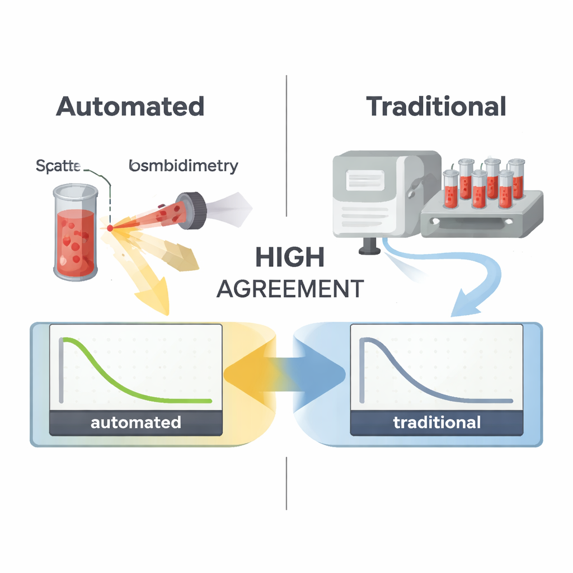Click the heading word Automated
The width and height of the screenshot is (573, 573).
(130, 106)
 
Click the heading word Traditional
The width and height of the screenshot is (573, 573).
(436, 106)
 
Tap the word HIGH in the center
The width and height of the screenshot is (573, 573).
(289, 257)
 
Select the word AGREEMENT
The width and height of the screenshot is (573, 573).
(289, 289)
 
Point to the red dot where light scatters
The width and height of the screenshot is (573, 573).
(110, 228)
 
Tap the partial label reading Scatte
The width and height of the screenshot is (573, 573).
(58, 166)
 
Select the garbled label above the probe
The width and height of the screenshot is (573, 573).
(183, 166)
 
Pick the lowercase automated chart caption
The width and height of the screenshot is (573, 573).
(135, 422)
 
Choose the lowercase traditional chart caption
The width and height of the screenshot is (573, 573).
(436, 422)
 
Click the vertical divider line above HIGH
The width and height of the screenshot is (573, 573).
(286, 145)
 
